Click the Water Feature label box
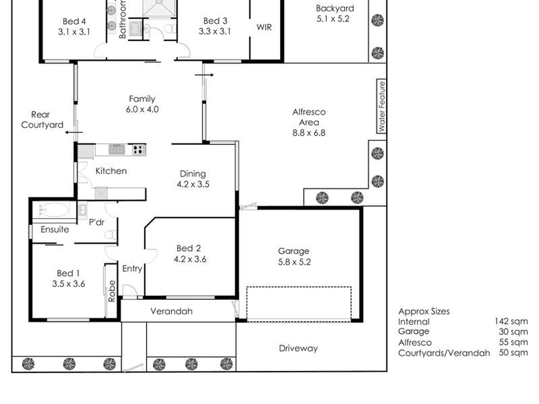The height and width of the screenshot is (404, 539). (x=381, y=106)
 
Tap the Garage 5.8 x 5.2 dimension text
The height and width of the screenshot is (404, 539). (x=294, y=262)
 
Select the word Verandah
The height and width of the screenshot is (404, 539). (x=172, y=311)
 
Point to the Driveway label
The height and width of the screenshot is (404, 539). (x=298, y=348)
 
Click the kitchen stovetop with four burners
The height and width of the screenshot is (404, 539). (x=139, y=149)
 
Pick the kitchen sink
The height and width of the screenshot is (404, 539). (x=117, y=149)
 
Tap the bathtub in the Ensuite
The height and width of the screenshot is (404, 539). (x=54, y=210)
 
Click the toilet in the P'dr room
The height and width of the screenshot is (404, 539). (x=110, y=234)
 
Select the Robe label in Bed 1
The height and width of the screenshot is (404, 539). (x=112, y=291)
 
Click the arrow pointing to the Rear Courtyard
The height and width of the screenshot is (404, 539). (x=74, y=132)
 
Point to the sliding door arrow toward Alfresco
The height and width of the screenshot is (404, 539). (x=204, y=75)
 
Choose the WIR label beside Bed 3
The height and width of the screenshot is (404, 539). (x=264, y=27)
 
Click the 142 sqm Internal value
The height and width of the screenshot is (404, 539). (x=511, y=321)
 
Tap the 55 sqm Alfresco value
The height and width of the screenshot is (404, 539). (x=513, y=342)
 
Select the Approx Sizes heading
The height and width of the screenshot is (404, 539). (x=424, y=312)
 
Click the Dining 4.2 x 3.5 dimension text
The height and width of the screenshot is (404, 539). (x=193, y=184)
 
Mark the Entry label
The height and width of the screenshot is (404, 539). (x=132, y=269)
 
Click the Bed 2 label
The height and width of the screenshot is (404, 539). (x=189, y=248)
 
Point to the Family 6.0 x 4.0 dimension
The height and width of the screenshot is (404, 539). (x=142, y=109)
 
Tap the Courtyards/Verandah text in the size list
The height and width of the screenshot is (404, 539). (x=444, y=353)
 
